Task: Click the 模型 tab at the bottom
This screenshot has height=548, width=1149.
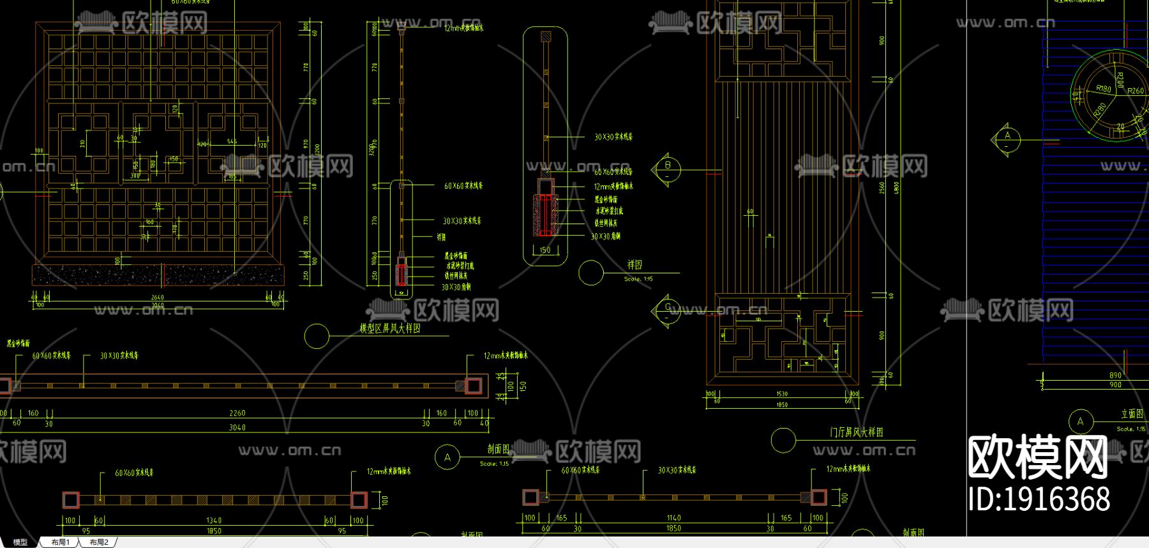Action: (20, 542)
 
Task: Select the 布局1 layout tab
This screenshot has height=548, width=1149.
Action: (60, 542)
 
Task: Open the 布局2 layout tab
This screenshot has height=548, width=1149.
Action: (99, 542)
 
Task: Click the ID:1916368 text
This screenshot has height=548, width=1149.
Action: (1039, 499)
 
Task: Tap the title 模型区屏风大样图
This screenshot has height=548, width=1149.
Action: (390, 328)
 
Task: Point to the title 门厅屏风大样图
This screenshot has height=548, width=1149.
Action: (856, 432)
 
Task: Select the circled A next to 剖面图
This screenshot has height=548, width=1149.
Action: (447, 457)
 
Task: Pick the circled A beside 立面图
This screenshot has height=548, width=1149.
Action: (1080, 422)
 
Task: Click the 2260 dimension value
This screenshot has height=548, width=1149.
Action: (237, 413)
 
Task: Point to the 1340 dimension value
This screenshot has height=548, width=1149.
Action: (214, 521)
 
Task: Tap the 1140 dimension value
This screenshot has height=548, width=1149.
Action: (673, 518)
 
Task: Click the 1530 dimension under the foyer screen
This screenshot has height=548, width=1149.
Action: (782, 394)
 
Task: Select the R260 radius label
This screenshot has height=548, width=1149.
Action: (1135, 91)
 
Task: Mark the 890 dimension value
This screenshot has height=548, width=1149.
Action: (1115, 376)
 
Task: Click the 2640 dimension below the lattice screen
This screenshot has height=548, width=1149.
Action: (157, 297)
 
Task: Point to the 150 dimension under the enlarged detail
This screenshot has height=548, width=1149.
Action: (544, 250)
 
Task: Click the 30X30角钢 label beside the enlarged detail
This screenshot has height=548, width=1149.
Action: (605, 236)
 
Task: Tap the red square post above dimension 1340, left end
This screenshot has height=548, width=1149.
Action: (71, 499)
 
